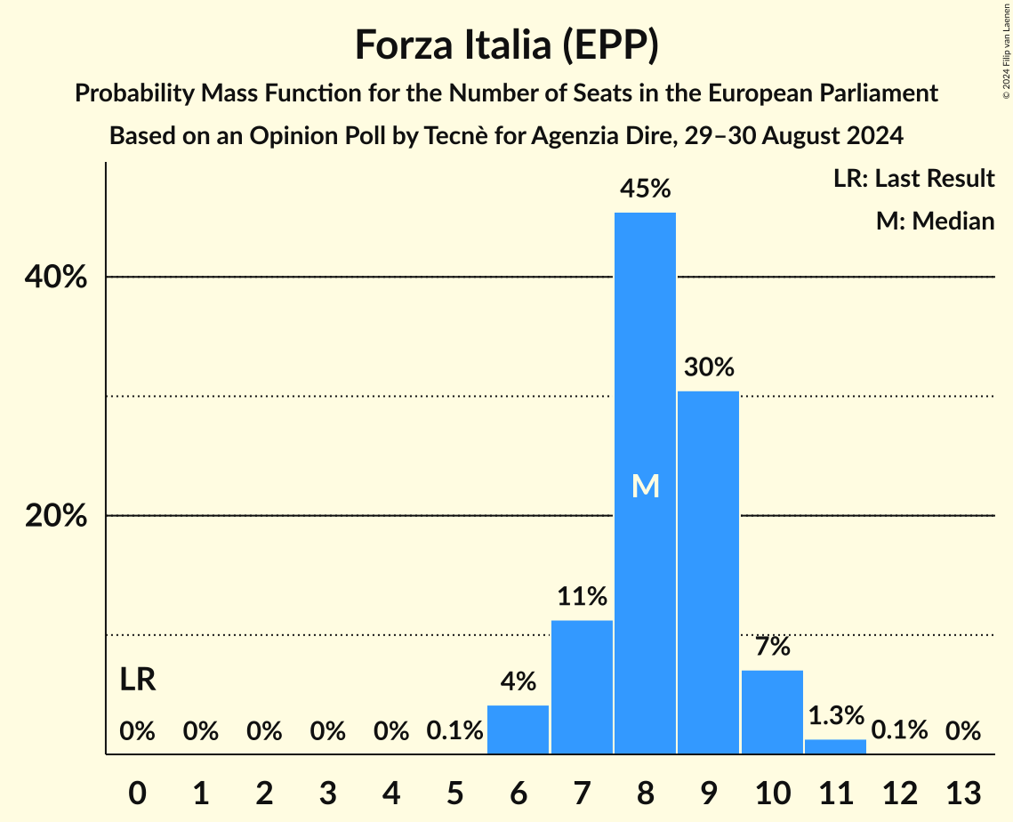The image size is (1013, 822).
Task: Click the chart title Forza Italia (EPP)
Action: [506, 44]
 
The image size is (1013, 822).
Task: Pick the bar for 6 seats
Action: [519, 729]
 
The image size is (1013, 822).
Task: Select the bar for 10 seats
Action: [772, 712]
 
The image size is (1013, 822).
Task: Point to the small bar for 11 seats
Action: [835, 746]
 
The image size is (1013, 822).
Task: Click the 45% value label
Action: [646, 189]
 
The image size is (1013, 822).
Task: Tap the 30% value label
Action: [709, 367]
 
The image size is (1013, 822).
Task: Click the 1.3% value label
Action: [835, 715]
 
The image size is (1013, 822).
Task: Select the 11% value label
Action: [582, 596]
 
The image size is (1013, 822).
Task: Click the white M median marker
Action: [646, 486]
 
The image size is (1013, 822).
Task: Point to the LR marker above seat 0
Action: [138, 681]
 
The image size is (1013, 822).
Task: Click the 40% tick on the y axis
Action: [55, 278]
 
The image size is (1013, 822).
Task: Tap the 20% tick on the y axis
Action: [55, 516]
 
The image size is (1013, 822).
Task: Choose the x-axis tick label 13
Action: [962, 792]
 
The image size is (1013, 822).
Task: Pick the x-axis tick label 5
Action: [454, 792]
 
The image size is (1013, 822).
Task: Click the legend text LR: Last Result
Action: [913, 179]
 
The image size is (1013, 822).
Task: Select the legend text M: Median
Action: [935, 221]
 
